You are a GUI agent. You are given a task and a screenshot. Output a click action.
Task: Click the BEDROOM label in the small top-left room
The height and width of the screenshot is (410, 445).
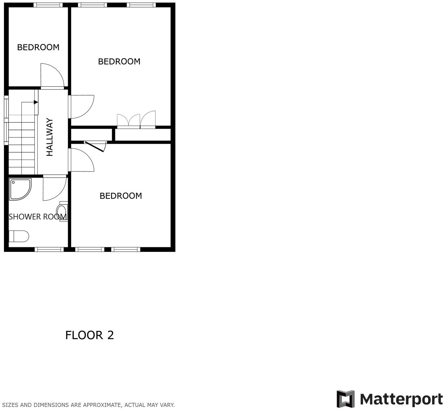(38, 47)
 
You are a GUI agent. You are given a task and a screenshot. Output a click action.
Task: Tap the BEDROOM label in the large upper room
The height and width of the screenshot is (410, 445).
(119, 62)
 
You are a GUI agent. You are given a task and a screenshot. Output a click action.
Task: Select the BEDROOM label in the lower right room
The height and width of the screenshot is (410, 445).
(121, 196)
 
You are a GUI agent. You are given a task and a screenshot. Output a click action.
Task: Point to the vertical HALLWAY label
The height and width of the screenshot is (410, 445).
(50, 137)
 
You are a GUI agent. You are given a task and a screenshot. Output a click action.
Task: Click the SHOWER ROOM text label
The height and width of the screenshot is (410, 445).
(38, 217)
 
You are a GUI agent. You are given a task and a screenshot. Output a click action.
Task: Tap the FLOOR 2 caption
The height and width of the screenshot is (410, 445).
(90, 335)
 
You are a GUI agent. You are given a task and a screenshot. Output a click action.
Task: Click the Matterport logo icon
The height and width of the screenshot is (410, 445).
(346, 399)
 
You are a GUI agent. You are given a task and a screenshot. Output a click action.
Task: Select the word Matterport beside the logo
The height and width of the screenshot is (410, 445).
(401, 399)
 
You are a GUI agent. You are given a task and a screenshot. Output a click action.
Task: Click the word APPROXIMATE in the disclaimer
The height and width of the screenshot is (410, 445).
(103, 405)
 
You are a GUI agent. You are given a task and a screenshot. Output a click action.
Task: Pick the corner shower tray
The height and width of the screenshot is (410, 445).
(20, 189)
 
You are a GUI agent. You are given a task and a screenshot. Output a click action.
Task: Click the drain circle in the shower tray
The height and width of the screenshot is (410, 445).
(13, 183)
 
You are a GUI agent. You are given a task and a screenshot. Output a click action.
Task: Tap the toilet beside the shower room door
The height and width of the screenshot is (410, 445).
(62, 211)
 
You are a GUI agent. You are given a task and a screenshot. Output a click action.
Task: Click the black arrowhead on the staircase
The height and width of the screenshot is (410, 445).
(36, 102)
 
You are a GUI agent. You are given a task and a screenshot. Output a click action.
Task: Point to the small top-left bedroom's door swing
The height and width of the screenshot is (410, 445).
(52, 76)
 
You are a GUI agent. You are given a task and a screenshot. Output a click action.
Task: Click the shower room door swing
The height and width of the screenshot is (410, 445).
(54, 188)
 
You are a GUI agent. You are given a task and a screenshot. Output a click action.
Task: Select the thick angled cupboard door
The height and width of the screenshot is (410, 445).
(95, 146)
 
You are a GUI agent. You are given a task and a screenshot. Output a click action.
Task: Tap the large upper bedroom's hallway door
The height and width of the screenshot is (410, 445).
(82, 106)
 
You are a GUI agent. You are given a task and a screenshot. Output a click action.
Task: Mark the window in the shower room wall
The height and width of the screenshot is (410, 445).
(49, 249)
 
